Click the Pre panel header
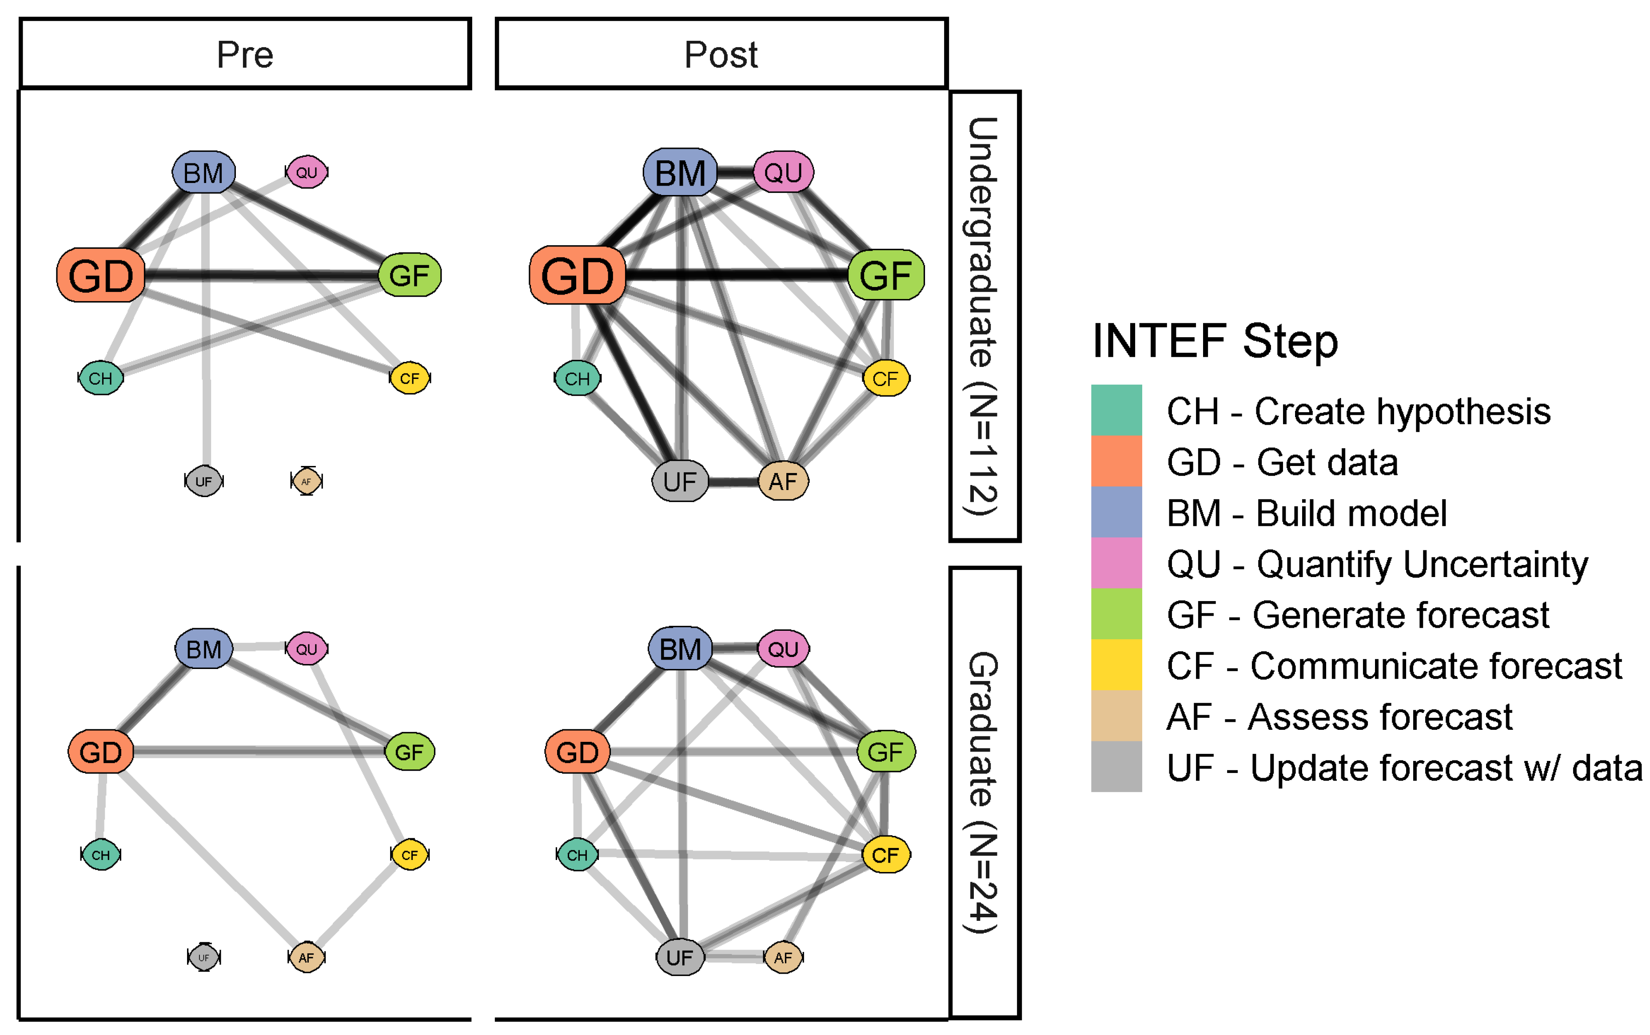click(245, 54)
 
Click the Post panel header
click(721, 54)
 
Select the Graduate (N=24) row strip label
click(984, 792)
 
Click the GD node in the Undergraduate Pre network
click(101, 275)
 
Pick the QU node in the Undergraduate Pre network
click(307, 172)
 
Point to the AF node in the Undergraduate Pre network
click(306, 481)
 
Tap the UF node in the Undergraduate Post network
click(680, 481)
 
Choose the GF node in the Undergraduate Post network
click(885, 275)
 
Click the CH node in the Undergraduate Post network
click(577, 378)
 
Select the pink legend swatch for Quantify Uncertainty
click(1116, 563)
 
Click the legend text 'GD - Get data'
click(1282, 462)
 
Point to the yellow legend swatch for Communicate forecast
click(1116, 665)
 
